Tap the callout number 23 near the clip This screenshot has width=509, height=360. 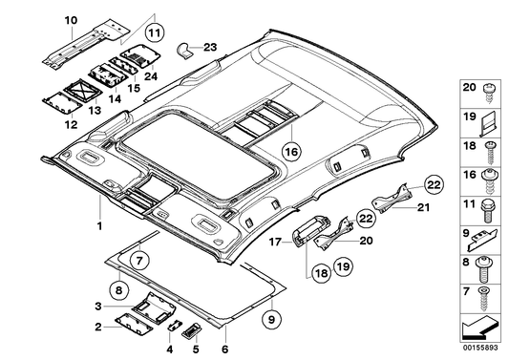(210, 47)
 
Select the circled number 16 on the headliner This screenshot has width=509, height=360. (291, 151)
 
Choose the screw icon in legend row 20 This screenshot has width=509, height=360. (492, 90)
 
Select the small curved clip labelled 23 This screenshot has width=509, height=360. (187, 48)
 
